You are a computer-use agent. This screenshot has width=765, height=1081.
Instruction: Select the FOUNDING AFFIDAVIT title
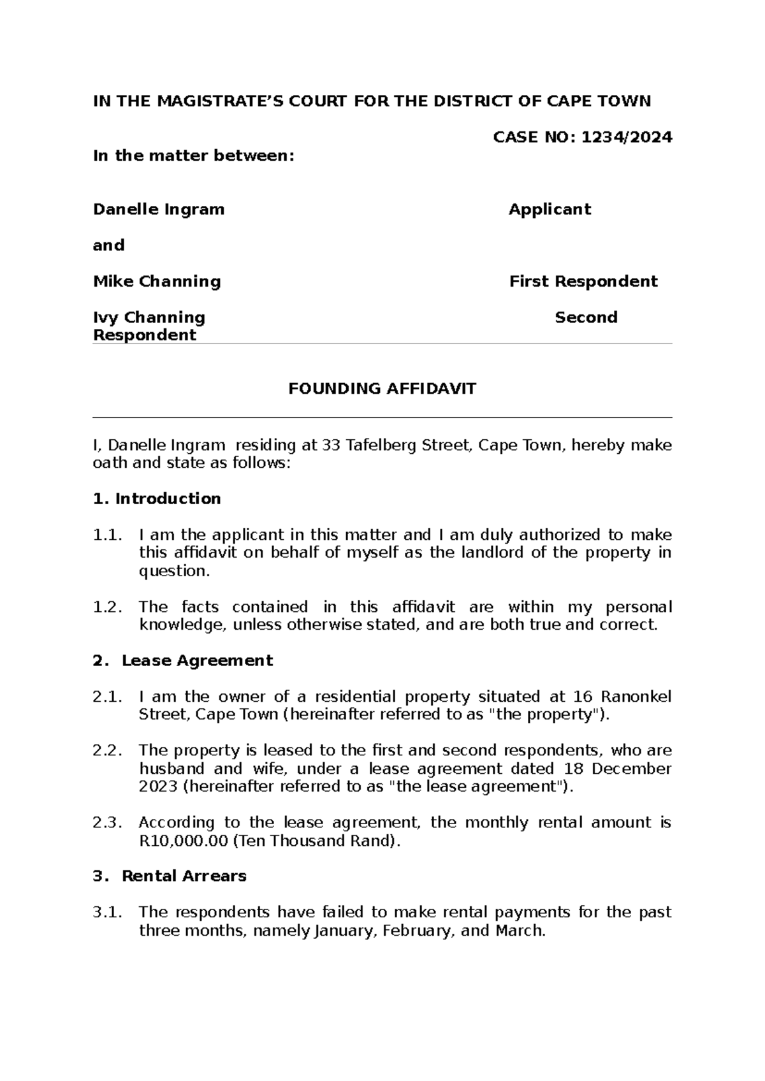[382, 389]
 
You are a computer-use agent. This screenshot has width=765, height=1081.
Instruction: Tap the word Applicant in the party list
[550, 209]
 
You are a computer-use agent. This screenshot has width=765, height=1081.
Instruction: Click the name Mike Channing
[157, 281]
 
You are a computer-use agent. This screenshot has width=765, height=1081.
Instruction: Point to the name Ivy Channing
[149, 317]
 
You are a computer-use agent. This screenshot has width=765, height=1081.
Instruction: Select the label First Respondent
[583, 281]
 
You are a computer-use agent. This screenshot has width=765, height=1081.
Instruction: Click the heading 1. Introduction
[157, 498]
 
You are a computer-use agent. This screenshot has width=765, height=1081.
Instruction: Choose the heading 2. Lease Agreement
[183, 660]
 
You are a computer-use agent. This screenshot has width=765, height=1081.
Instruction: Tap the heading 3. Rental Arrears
[170, 876]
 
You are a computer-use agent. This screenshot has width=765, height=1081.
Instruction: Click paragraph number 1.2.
[107, 607]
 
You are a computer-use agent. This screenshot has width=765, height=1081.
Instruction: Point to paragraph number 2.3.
[107, 822]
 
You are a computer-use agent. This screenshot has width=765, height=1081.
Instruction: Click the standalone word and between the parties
[108, 245]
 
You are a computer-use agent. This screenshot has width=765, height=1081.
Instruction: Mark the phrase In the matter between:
[194, 156]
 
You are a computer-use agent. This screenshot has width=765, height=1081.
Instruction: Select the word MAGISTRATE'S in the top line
[242, 101]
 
